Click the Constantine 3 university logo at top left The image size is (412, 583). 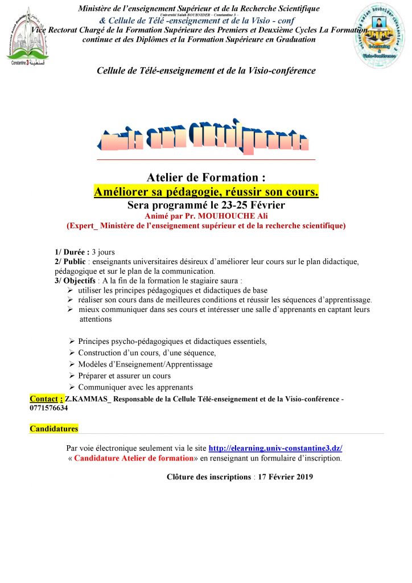tap(27, 35)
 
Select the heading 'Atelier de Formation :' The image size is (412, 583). tap(206, 178)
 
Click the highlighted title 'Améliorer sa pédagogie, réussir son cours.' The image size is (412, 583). tap(206, 191)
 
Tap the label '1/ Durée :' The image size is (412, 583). tap(72, 252)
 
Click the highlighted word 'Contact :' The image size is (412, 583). tap(46, 399)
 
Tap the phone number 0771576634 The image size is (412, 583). tap(48, 408)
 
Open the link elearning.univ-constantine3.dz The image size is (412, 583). tap(275, 448)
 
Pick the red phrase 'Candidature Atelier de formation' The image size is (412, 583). tap(134, 458)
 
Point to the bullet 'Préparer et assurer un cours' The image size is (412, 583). tap(124, 376)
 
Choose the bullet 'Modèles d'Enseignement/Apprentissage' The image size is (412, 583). tap(145, 364)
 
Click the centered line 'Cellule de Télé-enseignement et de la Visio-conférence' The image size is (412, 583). tap(206, 71)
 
